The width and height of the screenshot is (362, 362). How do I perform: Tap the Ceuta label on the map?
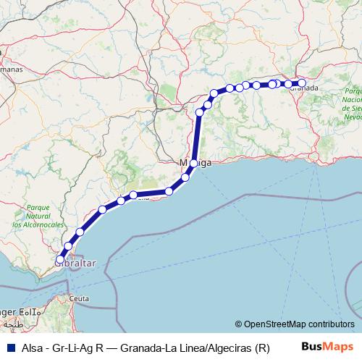click(79, 298)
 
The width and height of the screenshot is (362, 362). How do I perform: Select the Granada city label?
click(306, 88)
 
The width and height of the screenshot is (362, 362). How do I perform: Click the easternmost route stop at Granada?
click(302, 83)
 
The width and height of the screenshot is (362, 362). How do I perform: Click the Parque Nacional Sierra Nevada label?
click(353, 104)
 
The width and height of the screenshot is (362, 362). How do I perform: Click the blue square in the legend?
click(9, 348)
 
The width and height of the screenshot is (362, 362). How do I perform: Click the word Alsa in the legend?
click(33, 348)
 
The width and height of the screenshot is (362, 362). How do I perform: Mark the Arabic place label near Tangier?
click(26, 311)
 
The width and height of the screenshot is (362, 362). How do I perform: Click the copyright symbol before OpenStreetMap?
click(239, 324)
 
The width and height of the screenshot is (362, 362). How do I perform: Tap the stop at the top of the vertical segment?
click(199, 112)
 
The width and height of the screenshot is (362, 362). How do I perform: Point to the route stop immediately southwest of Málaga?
click(185, 177)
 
